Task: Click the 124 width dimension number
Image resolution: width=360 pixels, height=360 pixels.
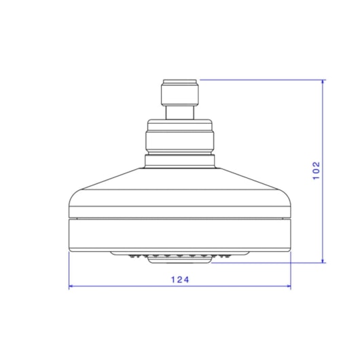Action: [x=180, y=280]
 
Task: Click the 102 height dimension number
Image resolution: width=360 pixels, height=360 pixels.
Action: [x=317, y=170]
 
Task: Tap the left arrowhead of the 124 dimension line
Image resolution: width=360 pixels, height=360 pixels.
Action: [x=71, y=286]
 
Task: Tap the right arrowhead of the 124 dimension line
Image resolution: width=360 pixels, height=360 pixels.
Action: [x=289, y=286]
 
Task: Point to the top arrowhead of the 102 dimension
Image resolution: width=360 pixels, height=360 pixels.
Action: [x=323, y=82]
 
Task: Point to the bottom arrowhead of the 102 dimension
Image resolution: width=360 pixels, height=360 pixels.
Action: [x=323, y=261]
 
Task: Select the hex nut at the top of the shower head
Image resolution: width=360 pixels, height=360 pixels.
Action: [x=180, y=92]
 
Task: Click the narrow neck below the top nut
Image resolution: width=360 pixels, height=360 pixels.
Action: [x=180, y=113]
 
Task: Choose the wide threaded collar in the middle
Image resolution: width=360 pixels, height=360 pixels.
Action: [x=180, y=137]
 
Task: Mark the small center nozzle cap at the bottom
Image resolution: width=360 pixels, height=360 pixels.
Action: [x=179, y=259]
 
